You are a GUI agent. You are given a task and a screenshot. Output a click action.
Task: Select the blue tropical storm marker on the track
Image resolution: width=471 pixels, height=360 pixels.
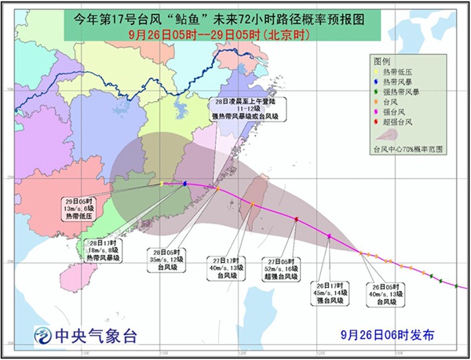click(184, 184)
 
